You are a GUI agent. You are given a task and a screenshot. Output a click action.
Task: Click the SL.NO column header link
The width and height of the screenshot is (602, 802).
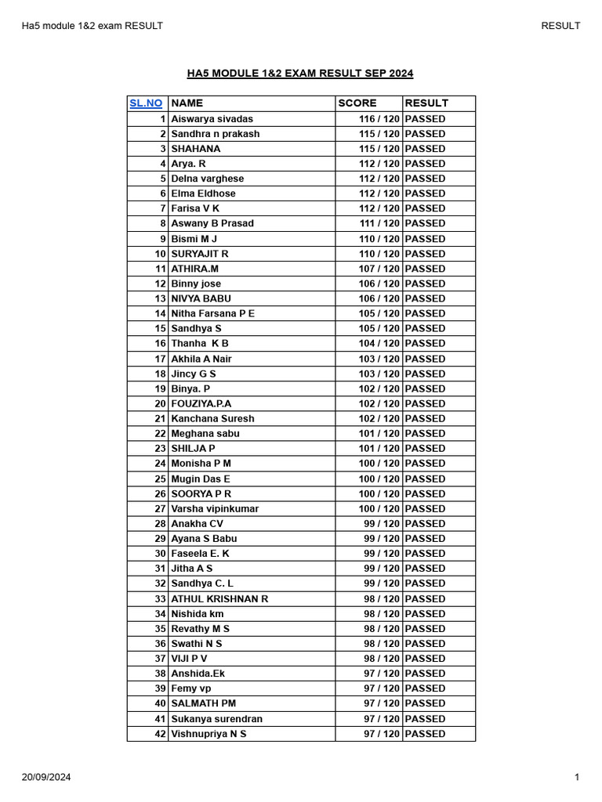[147, 103]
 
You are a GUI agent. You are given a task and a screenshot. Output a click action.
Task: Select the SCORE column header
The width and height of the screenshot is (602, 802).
[357, 103]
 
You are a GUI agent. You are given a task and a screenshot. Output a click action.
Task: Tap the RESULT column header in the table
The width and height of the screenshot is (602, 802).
[426, 103]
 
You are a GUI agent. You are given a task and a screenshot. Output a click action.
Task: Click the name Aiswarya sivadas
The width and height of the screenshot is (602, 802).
[212, 119]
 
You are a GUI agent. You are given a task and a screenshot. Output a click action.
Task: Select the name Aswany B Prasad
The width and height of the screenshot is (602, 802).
[212, 223]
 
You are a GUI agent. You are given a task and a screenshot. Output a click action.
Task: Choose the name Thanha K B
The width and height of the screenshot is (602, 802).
[200, 343]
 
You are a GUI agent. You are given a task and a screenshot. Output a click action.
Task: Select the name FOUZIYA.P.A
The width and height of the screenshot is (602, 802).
[201, 403]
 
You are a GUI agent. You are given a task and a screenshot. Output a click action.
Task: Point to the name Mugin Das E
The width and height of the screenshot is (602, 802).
[201, 479]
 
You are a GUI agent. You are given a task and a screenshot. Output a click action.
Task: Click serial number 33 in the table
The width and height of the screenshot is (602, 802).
[160, 598]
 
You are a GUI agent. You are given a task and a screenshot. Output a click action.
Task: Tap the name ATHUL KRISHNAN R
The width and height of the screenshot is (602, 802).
[219, 598]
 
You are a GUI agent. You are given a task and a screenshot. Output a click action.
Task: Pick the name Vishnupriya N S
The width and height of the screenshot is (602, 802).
[209, 734]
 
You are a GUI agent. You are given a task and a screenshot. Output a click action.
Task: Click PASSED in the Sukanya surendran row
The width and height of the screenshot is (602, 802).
[426, 719]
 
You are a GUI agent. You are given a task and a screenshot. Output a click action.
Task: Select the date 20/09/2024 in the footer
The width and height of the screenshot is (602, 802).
[46, 777]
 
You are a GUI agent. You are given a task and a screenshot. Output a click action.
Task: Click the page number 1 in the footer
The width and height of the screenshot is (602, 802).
[576, 777]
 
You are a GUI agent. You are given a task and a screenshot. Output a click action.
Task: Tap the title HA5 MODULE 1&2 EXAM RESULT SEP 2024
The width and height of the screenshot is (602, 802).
[300, 74]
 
